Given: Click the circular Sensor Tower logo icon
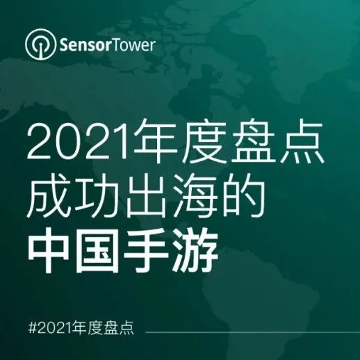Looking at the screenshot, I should coord(39,45).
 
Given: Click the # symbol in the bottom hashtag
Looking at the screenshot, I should coord(28,327).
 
